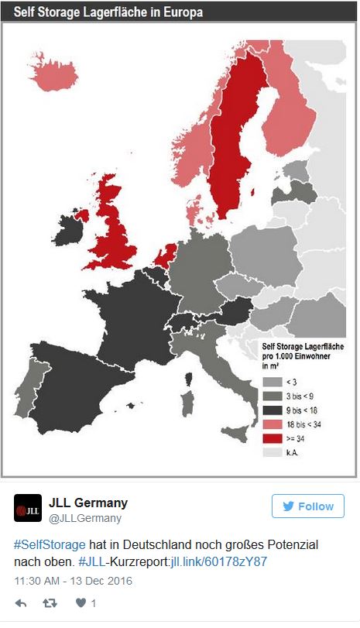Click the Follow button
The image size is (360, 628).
click(307, 506)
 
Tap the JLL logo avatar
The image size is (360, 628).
click(28, 508)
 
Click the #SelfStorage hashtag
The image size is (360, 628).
click(50, 545)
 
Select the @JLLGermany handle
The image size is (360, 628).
click(85, 518)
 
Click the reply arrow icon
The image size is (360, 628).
click(22, 602)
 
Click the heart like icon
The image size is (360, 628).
click(81, 602)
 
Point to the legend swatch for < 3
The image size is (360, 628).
click(272, 381)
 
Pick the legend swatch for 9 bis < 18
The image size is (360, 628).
click(272, 409)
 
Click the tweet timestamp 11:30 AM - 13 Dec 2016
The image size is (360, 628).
click(74, 579)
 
